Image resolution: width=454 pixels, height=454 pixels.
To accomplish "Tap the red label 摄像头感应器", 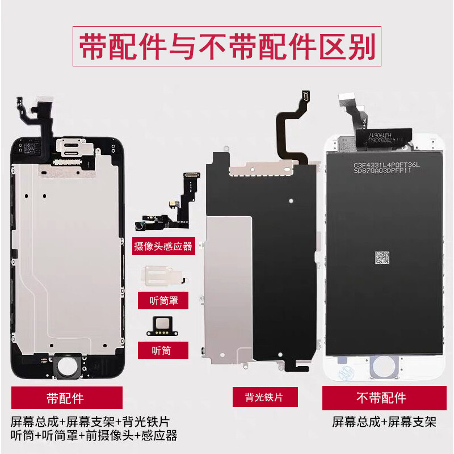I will click(x=163, y=246).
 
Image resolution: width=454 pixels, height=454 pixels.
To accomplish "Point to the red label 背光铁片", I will click(x=265, y=397).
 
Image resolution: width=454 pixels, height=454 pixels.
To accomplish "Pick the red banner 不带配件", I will click(x=381, y=398).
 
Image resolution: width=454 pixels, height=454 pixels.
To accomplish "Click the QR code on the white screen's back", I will click(x=384, y=257).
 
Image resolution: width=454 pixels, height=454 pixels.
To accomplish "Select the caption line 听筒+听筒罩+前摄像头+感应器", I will click(x=94, y=436).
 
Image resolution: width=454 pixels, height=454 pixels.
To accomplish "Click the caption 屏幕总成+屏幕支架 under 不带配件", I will click(x=384, y=422).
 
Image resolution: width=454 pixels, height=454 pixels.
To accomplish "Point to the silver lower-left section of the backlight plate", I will click(x=224, y=295).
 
